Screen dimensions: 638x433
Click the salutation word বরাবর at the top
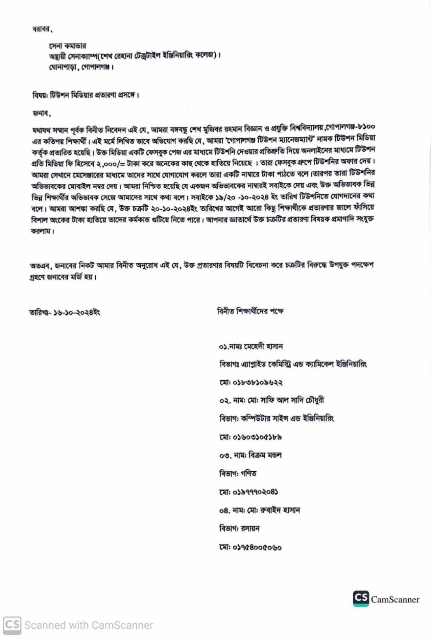click(42, 29)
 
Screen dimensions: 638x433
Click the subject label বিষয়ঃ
click(40, 95)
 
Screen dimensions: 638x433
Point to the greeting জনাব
click(41, 114)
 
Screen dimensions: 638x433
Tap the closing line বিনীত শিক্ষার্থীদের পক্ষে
click(250, 311)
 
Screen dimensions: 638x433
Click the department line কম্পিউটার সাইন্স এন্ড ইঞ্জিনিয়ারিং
click(287, 418)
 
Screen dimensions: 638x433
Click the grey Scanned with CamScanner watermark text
click(88, 625)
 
